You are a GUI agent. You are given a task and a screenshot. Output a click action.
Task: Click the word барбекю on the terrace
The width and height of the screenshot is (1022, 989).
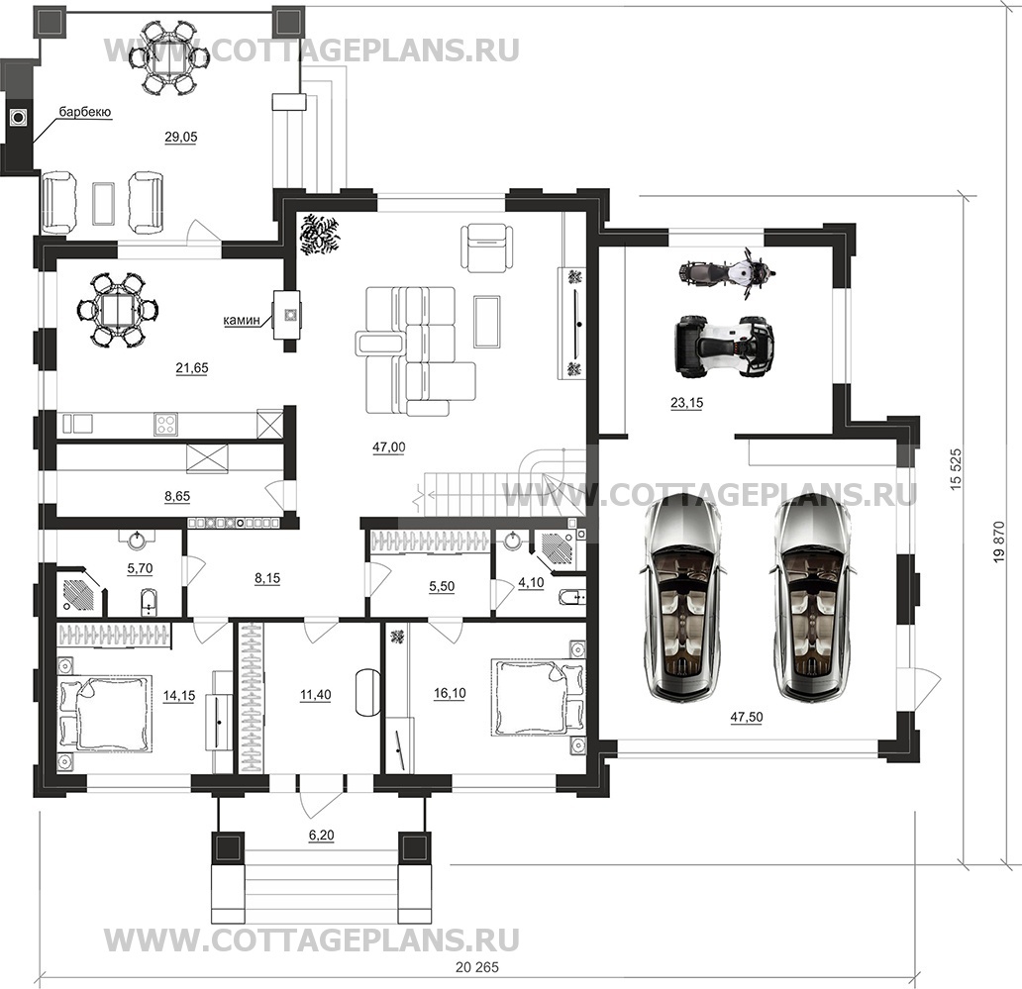pyautogui.click(x=84, y=113)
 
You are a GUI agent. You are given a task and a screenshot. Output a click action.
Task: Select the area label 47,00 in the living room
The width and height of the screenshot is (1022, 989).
pyautogui.click(x=389, y=447)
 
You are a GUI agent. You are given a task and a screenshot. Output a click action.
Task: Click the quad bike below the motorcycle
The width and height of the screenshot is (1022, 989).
pyautogui.click(x=724, y=346)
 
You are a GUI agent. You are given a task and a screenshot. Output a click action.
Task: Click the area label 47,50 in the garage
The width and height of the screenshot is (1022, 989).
pyautogui.click(x=746, y=719)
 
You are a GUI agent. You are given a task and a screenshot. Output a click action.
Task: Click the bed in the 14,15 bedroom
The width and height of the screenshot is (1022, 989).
pyautogui.click(x=105, y=713)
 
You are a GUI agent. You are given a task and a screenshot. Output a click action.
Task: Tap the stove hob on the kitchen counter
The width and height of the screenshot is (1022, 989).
pyautogui.click(x=165, y=425)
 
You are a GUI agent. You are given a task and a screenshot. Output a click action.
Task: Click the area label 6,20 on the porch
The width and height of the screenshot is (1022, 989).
pyautogui.click(x=321, y=836)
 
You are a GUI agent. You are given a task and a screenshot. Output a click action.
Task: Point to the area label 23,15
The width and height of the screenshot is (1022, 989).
pyautogui.click(x=685, y=403)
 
